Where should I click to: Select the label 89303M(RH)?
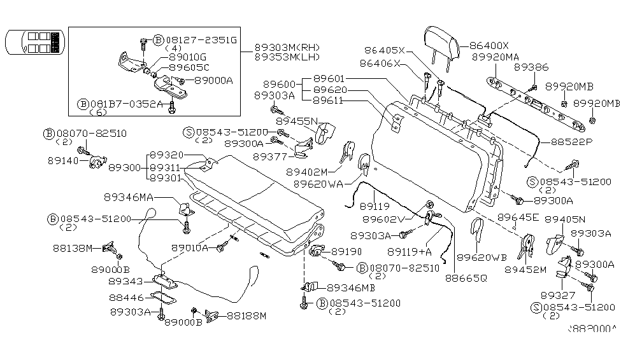(x=287, y=47)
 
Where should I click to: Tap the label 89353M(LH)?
(x=287, y=57)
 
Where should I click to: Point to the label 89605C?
(x=189, y=67)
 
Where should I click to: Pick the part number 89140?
(x=61, y=162)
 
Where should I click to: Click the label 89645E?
(x=518, y=218)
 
